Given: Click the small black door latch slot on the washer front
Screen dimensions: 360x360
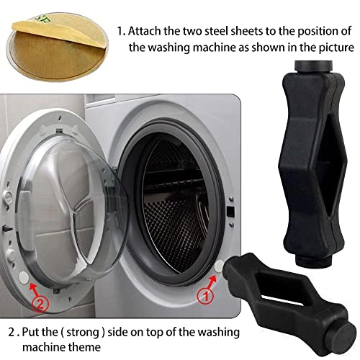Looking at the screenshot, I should pyautogui.click(x=228, y=212).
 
